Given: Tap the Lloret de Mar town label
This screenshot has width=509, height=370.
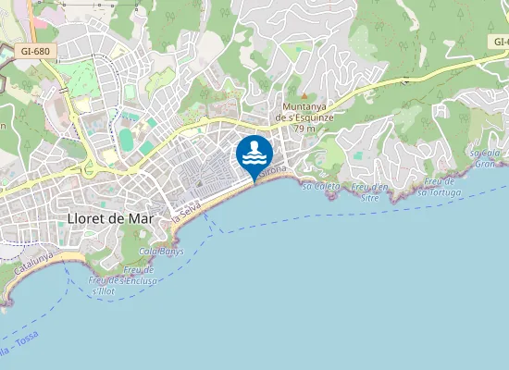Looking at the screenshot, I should click(110, 218).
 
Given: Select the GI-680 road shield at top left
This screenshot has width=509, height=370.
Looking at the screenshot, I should click(34, 52).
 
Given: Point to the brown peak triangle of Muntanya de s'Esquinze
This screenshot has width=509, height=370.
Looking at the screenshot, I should click(304, 95).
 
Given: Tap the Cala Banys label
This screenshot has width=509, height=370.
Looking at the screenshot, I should click(161, 251).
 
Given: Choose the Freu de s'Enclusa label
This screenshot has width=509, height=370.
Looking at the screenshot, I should click(121, 275).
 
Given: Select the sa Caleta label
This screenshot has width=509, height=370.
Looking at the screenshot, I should click(321, 186).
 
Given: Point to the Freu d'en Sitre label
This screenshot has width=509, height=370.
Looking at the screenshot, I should click(370, 192).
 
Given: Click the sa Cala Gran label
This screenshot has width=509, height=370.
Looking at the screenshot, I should click(484, 157).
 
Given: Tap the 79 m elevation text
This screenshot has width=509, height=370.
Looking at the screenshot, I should click(304, 129).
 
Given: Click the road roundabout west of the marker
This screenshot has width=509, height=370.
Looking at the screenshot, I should click(90, 167).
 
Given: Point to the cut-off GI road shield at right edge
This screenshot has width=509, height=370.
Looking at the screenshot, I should click(501, 43).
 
